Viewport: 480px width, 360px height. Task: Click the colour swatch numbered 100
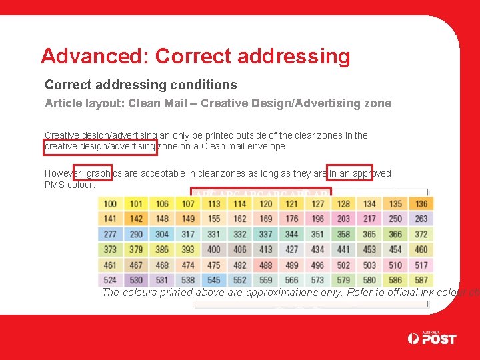pyautogui.click(x=110, y=204)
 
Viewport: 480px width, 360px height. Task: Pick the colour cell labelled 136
pyautogui.click(x=421, y=204)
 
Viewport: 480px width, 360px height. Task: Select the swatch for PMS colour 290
pyautogui.click(x=136, y=235)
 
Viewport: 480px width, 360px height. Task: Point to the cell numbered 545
pyautogui.click(x=214, y=281)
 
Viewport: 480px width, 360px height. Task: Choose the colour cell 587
pyautogui.click(x=421, y=281)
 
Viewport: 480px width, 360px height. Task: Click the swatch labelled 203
pyautogui.click(x=343, y=219)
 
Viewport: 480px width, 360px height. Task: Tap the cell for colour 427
pyautogui.click(x=292, y=250)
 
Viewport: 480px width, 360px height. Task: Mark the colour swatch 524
pyautogui.click(x=110, y=281)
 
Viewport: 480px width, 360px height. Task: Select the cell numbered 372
pyautogui.click(x=421, y=235)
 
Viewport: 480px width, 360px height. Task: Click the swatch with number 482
pyautogui.click(x=240, y=265)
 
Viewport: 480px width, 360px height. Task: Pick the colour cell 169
pyautogui.click(x=266, y=219)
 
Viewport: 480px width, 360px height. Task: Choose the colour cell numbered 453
pyautogui.click(x=369, y=250)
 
